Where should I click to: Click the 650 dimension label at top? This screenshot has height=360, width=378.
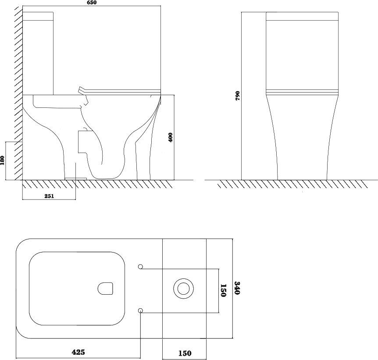tap(92, 3)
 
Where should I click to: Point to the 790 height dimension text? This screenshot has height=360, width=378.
tap(237, 95)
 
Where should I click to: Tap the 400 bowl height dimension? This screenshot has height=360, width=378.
tap(171, 137)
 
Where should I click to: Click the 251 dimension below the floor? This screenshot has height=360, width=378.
tap(49, 196)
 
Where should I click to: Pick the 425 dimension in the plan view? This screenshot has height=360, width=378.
tap(78, 352)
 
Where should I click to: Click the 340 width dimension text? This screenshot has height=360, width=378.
tap(237, 288)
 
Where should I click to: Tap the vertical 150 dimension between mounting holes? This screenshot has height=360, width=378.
tap(222, 290)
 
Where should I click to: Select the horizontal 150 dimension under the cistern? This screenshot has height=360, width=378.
tap(184, 352)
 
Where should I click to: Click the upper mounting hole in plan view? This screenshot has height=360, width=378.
tap(141, 267)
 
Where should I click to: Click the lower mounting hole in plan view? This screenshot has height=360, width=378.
tap(141, 310)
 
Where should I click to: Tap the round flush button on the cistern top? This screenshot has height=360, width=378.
tap(183, 289)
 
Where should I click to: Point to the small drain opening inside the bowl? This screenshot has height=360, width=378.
tap(105, 289)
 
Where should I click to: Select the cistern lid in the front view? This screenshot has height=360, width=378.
tap(302, 17)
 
